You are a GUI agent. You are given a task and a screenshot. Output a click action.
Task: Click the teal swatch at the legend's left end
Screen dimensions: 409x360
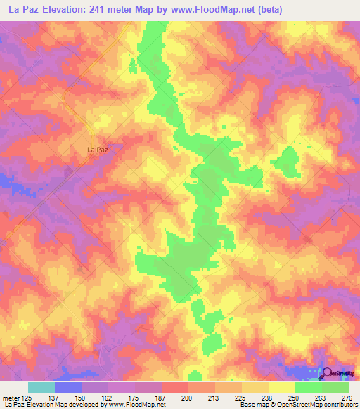pos(41,387)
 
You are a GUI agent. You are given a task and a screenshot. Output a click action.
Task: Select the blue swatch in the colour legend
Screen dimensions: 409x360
pos(68,387)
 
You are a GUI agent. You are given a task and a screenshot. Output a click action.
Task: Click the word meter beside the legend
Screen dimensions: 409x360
pos(11,397)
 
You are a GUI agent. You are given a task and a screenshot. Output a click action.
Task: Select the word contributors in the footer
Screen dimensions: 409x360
pos(339,405)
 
